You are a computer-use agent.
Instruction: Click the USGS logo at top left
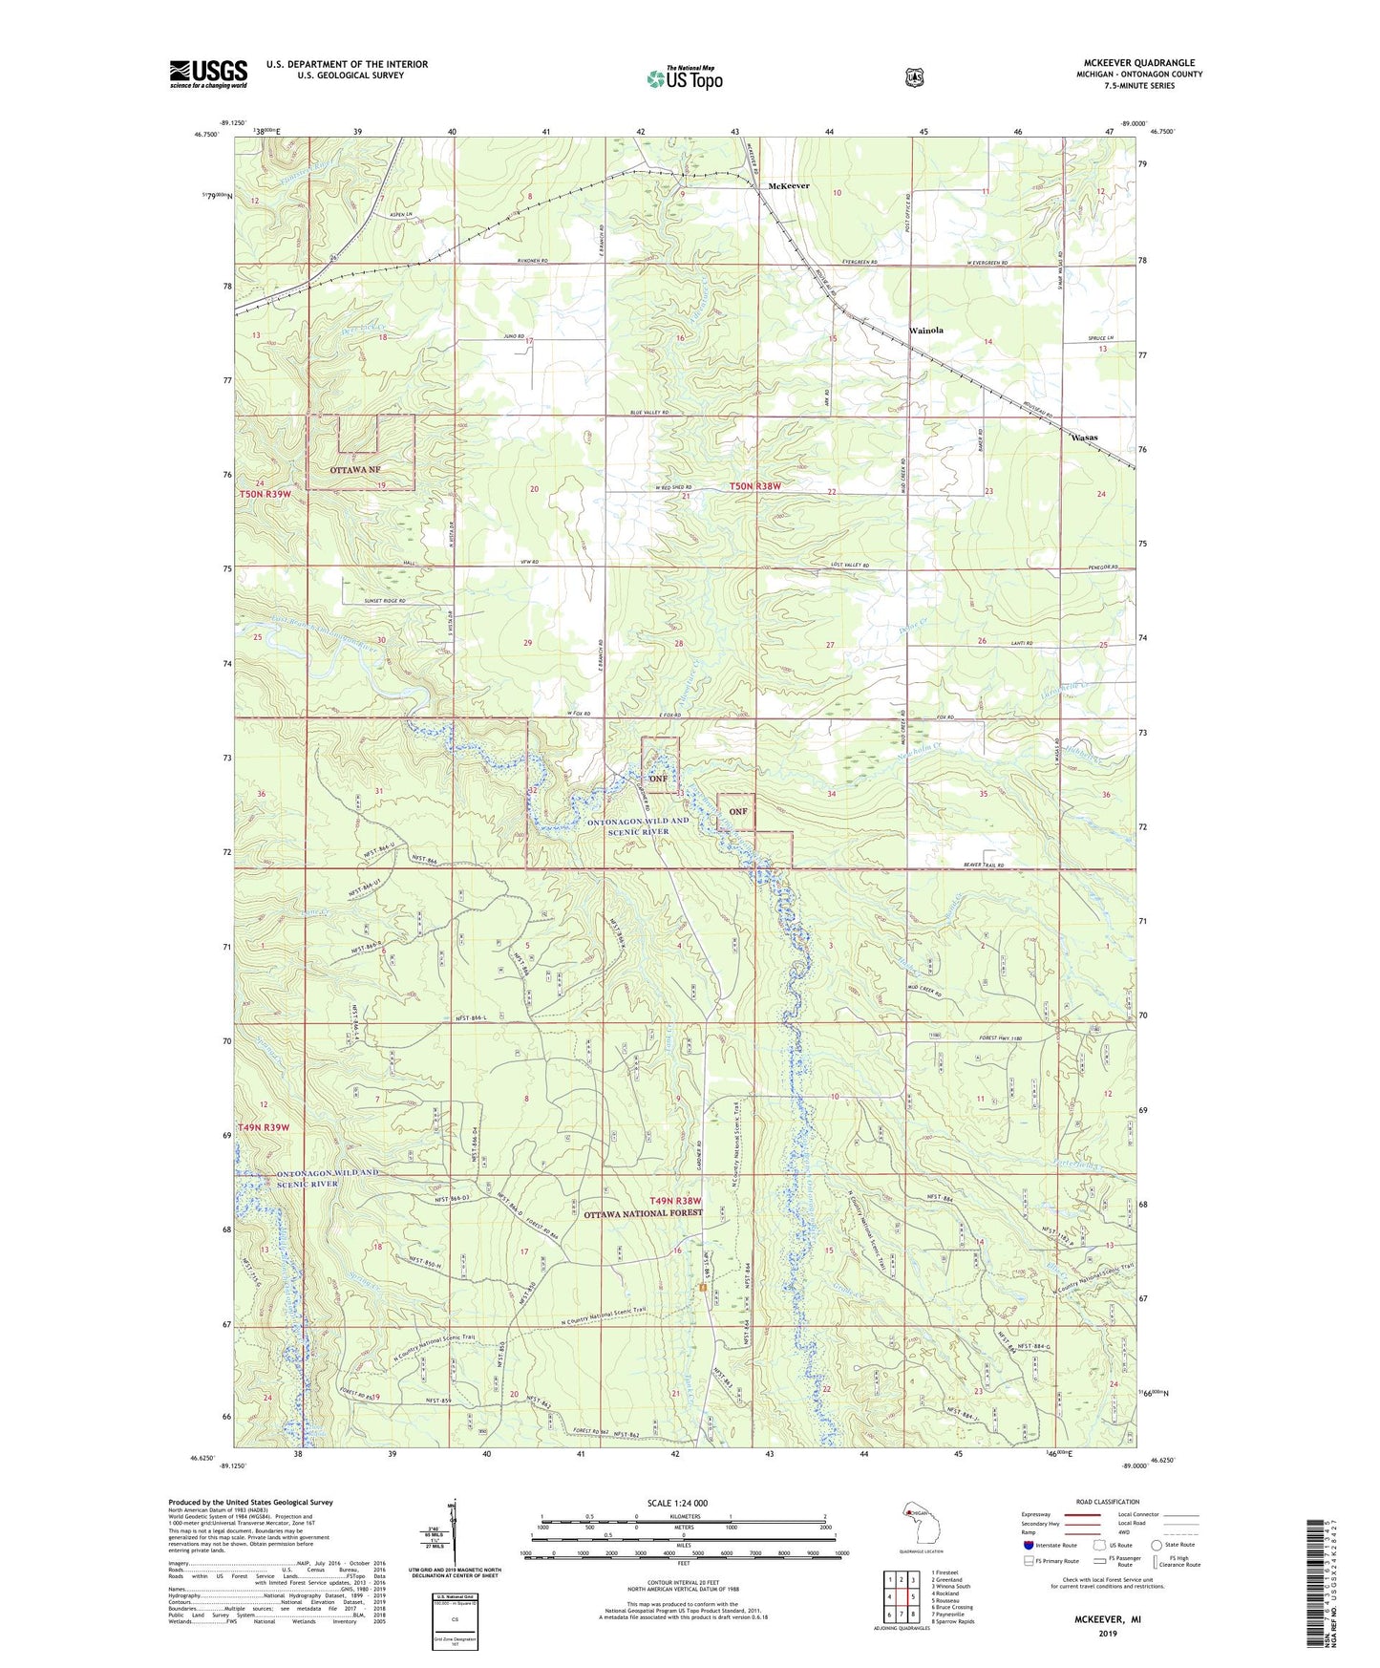208,74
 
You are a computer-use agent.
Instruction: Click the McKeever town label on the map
789,186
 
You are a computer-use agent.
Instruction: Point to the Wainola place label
925,331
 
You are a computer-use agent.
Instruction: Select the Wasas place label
1083,438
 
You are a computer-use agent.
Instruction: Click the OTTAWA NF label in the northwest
354,471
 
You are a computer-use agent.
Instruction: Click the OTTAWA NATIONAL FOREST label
643,1213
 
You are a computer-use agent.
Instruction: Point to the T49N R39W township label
264,1127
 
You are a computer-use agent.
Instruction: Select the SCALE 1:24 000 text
677,1503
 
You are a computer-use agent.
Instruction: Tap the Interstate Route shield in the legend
1028,1545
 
